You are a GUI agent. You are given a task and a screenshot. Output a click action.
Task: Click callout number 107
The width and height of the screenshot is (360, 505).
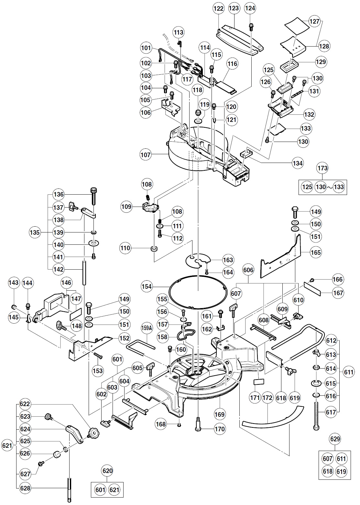[x=146, y=155]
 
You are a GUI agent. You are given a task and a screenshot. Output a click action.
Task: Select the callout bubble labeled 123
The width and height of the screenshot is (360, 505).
[x=234, y=9]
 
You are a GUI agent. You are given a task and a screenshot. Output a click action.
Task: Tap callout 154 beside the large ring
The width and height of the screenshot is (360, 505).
[x=147, y=286]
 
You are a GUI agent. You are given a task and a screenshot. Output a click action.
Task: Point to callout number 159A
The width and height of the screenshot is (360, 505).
[x=147, y=328]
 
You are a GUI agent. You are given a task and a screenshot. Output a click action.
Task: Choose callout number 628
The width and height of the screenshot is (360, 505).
[x=25, y=488]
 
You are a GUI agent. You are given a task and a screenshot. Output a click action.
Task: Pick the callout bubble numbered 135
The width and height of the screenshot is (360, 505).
[x=34, y=232]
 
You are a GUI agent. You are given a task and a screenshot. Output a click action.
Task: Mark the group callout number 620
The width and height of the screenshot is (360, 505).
[x=107, y=471]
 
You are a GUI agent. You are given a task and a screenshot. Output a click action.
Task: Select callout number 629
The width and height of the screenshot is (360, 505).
[x=334, y=439]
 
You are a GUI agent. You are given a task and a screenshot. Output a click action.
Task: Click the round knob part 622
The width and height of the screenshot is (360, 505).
[x=93, y=432]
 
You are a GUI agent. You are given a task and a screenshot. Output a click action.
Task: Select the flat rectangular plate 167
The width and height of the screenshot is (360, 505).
[x=312, y=289]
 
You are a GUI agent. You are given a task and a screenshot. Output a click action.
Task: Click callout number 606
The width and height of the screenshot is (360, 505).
[x=249, y=270]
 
